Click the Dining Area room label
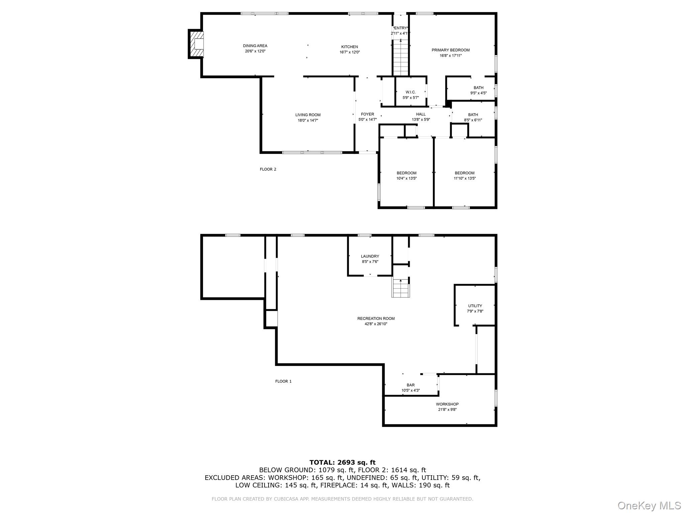(x=255, y=46)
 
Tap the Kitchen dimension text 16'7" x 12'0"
(x=350, y=52)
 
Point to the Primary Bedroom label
(x=451, y=50)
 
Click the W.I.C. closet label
(x=410, y=92)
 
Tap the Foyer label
(x=367, y=114)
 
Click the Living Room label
(x=308, y=115)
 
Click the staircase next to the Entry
(x=401, y=57)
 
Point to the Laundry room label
(x=370, y=256)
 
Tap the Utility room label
(x=475, y=306)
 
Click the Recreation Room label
(x=376, y=318)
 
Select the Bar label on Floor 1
(x=410, y=385)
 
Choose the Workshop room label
(x=447, y=404)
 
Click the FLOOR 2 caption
(x=268, y=169)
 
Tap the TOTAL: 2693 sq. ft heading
(x=342, y=463)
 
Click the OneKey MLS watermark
(x=649, y=505)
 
